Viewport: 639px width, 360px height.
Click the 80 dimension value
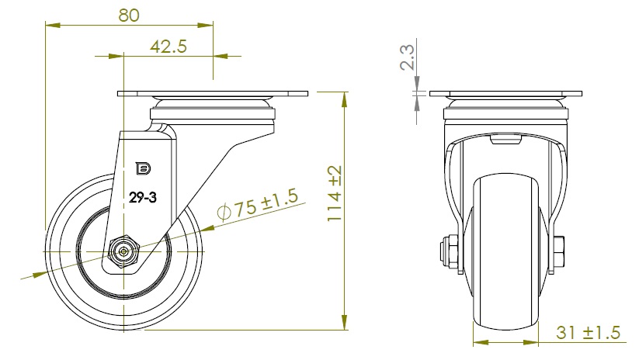[129, 15]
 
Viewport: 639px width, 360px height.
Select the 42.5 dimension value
[168, 47]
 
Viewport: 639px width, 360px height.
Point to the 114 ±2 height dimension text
[335, 193]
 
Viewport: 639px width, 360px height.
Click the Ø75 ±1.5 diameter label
[258, 204]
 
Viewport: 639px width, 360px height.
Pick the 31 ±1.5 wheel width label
[588, 332]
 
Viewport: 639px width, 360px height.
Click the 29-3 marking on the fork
[143, 198]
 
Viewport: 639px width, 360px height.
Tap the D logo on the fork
[143, 168]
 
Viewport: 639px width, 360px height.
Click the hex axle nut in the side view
[124, 251]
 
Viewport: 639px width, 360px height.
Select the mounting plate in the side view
[213, 94]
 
